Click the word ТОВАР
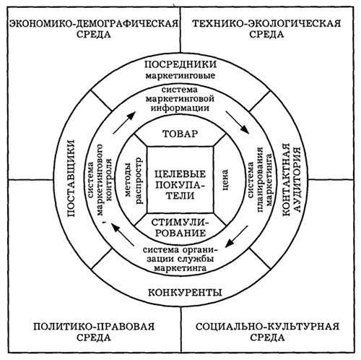180,134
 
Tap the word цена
225,180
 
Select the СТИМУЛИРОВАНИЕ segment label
180,228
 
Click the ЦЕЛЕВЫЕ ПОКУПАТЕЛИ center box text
180,184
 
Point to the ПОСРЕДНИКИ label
180,64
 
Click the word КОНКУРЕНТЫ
185,292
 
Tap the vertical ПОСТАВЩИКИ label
71,178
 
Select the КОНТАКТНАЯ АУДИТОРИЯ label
291,179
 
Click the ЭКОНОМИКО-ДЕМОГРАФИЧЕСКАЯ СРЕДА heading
94,29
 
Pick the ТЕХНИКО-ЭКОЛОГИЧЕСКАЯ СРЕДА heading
266,29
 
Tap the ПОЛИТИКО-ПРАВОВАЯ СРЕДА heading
94,332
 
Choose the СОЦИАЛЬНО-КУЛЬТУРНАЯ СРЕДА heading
267,332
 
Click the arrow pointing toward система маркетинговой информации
124,123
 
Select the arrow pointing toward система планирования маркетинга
237,122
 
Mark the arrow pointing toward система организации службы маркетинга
237,236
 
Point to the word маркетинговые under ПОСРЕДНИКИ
180,76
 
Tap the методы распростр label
134,181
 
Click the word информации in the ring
180,108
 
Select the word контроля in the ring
109,179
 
